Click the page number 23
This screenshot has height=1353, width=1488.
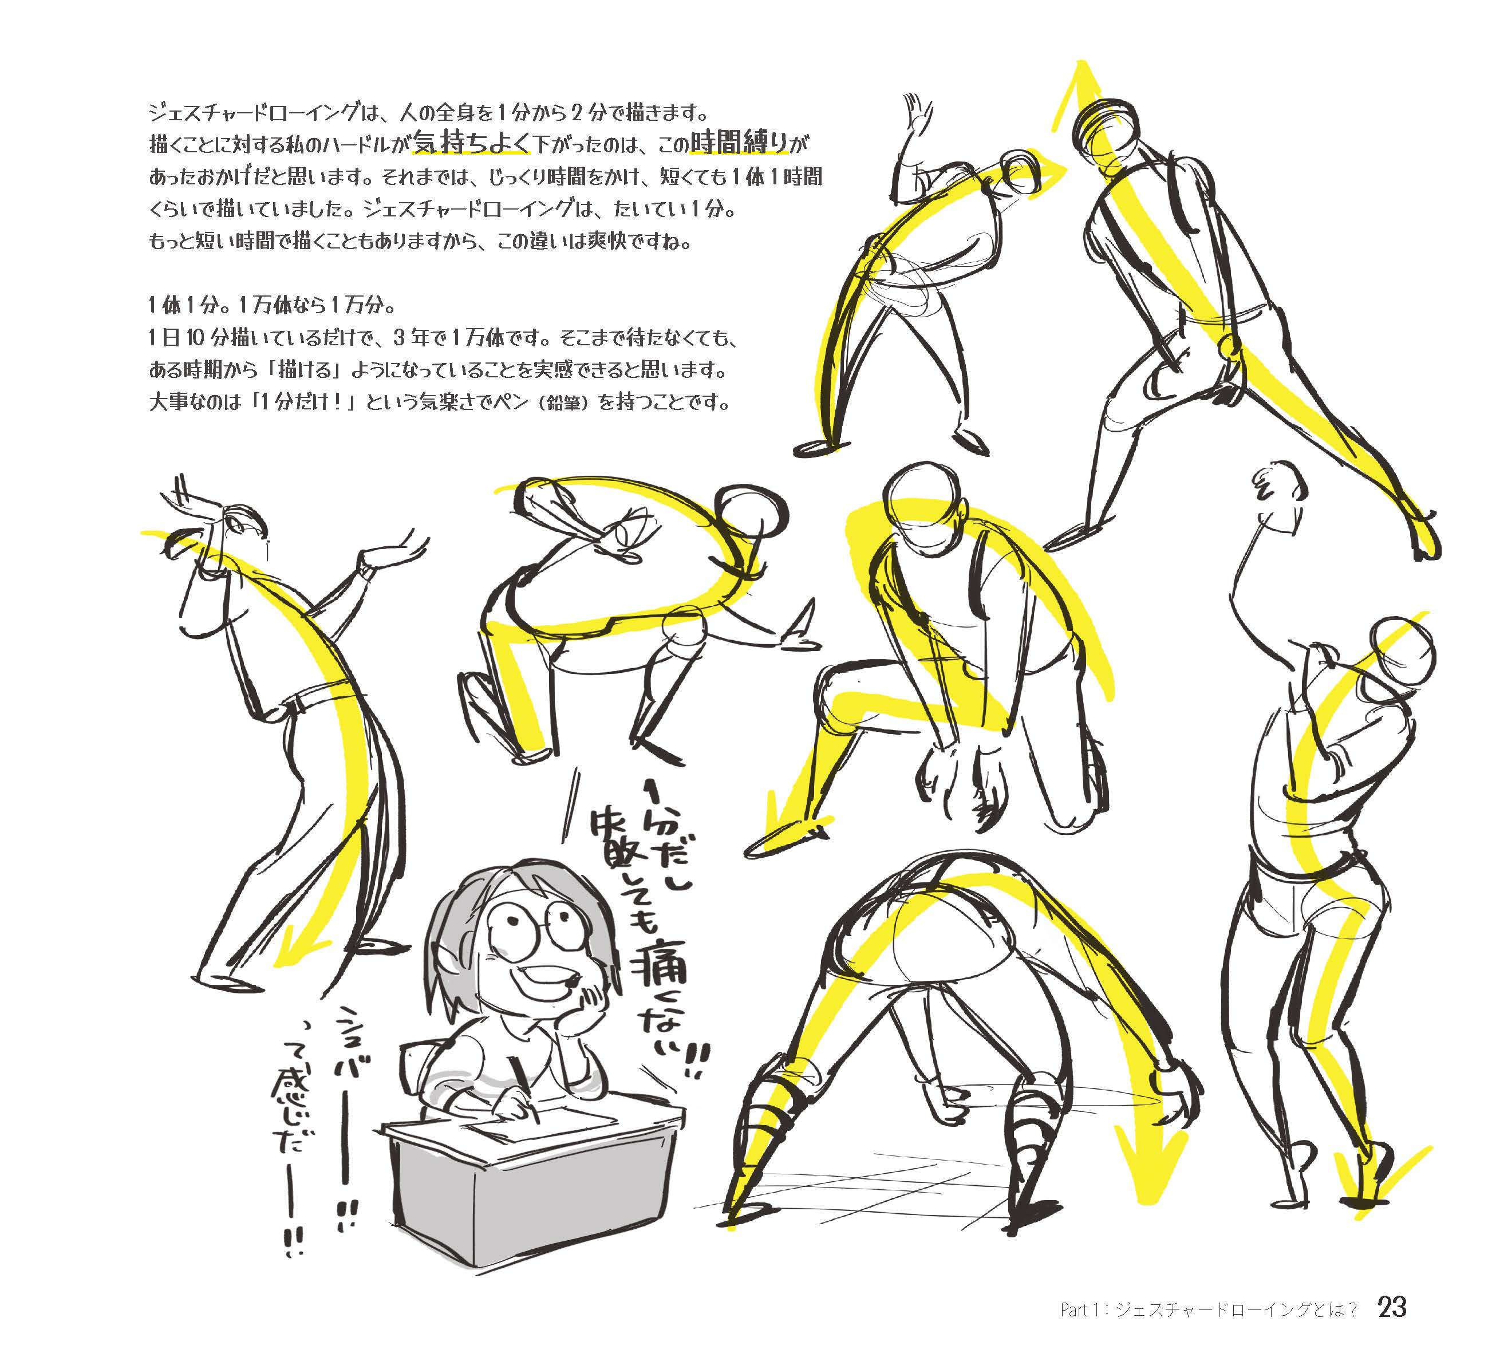click(x=1391, y=1307)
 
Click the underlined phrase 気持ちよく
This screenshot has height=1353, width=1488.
click(x=472, y=142)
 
